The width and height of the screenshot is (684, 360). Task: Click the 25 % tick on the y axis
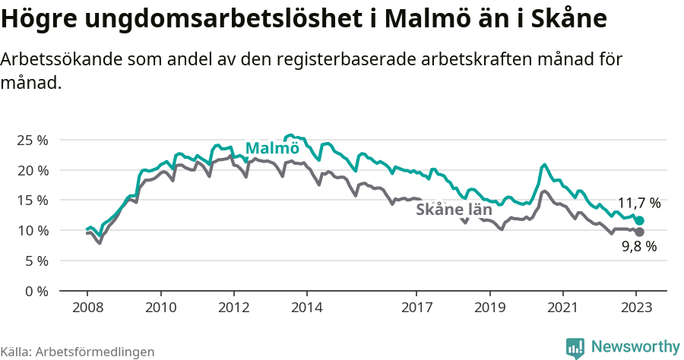(x=31, y=141)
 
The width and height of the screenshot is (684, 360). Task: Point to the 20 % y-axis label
(x=31, y=170)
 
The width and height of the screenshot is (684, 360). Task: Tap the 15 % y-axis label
(x=31, y=201)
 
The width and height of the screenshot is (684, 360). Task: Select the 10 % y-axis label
(x=31, y=230)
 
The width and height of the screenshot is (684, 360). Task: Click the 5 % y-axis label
(x=35, y=261)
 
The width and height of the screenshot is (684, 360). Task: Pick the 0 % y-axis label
(x=35, y=291)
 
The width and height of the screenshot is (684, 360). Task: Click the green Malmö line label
(x=272, y=148)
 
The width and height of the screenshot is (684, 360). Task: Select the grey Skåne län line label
(x=454, y=210)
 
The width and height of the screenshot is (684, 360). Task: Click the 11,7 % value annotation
(x=638, y=204)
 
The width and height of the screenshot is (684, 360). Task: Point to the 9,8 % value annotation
(x=638, y=246)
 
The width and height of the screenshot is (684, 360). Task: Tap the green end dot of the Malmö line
(x=639, y=220)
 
